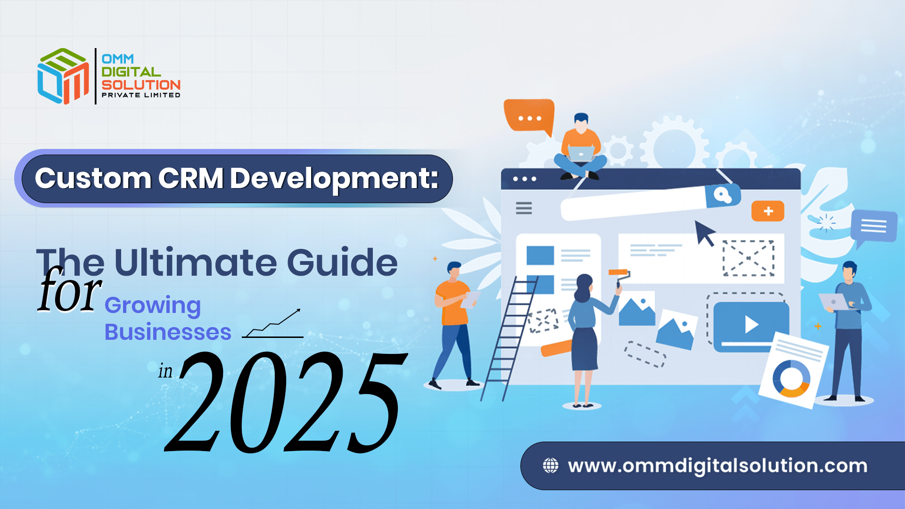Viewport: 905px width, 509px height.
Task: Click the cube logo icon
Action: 63,76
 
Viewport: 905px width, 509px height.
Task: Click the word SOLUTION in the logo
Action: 141,85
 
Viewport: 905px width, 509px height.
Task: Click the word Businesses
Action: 168,332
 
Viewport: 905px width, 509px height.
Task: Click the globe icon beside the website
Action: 551,466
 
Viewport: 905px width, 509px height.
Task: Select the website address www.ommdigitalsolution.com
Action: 717,466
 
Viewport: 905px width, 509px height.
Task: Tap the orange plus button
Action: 768,211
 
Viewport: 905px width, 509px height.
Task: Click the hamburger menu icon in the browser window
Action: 524,208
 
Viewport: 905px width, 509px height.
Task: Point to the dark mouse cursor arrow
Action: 705,232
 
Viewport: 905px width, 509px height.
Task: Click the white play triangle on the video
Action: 751,325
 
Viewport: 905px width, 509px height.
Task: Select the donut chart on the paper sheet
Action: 791,378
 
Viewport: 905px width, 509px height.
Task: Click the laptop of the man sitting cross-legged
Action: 581,154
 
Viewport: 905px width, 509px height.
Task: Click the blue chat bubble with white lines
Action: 873,226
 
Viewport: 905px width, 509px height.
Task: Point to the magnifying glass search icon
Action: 722,195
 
